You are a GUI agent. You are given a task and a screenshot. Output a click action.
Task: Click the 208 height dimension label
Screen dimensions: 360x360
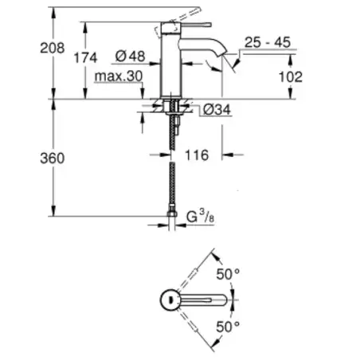[x=53, y=48]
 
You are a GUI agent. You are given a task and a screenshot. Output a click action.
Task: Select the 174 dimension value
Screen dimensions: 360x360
[x=85, y=57]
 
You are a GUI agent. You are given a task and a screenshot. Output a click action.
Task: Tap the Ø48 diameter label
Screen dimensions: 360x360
[x=131, y=56]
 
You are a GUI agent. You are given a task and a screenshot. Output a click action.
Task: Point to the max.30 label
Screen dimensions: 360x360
[x=119, y=76]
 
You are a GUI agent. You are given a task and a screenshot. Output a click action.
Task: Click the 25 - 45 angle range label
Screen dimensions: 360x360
[x=268, y=42]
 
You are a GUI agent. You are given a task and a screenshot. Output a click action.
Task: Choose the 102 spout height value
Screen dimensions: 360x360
[x=291, y=77]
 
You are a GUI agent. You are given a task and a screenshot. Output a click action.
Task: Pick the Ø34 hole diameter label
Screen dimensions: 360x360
[x=217, y=109]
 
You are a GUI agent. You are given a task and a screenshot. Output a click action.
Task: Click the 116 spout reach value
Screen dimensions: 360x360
[x=197, y=155]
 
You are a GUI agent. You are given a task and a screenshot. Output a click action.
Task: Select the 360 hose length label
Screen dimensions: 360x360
[x=53, y=158]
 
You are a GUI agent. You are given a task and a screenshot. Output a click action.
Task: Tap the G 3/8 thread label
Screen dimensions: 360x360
[x=200, y=216]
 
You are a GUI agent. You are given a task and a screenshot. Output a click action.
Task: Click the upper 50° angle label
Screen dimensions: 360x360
[x=228, y=274]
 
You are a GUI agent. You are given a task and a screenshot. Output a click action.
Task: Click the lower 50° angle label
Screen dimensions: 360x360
[x=228, y=327]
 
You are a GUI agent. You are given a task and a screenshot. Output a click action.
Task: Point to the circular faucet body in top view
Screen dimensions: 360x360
[x=170, y=300]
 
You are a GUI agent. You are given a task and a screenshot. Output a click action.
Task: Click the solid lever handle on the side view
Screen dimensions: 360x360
[x=196, y=25]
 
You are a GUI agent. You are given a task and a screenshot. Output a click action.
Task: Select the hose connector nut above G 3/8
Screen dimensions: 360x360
[x=172, y=213]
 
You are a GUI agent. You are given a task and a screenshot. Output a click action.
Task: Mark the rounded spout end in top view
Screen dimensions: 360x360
[x=222, y=300]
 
